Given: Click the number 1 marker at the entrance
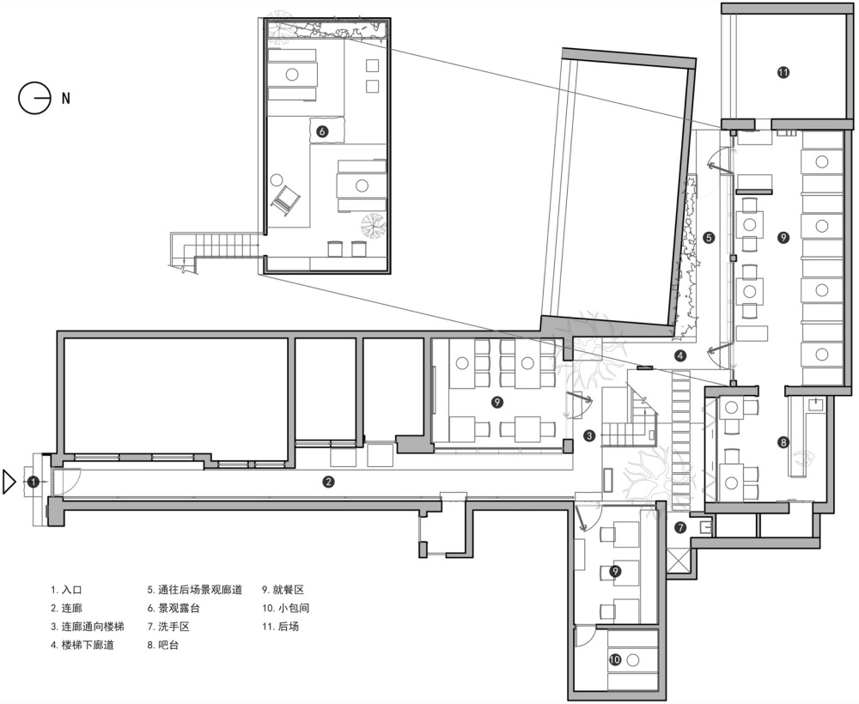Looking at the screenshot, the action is pyautogui.click(x=34, y=482).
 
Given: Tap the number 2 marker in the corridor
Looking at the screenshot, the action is pyautogui.click(x=328, y=482).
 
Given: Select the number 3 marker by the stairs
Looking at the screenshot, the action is pyautogui.click(x=589, y=436).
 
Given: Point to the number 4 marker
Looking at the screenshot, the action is pyautogui.click(x=679, y=355).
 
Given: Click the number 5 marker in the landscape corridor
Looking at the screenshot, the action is pyautogui.click(x=710, y=238).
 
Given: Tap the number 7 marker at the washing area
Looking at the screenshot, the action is pyautogui.click(x=680, y=528).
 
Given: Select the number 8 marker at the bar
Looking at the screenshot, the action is pyautogui.click(x=783, y=442).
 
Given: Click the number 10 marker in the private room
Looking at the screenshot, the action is pyautogui.click(x=615, y=659).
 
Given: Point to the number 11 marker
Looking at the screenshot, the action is pyautogui.click(x=783, y=72).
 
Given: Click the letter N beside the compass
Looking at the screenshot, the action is pyautogui.click(x=66, y=99).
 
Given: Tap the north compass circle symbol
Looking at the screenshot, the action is pyautogui.click(x=34, y=99).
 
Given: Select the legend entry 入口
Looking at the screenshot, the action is pyautogui.click(x=72, y=590).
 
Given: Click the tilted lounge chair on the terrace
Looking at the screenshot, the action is pyautogui.click(x=285, y=200).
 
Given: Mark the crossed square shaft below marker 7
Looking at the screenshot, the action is pyautogui.click(x=679, y=561).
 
